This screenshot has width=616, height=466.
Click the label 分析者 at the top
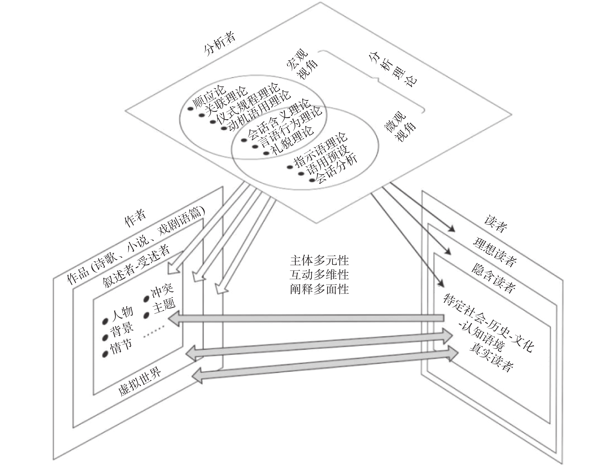(x=220, y=44)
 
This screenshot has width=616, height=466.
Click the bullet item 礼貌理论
(x=292, y=141)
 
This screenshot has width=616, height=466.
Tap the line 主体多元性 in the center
(x=319, y=261)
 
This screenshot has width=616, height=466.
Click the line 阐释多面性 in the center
(x=319, y=290)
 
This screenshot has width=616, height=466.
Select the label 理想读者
(x=494, y=252)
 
